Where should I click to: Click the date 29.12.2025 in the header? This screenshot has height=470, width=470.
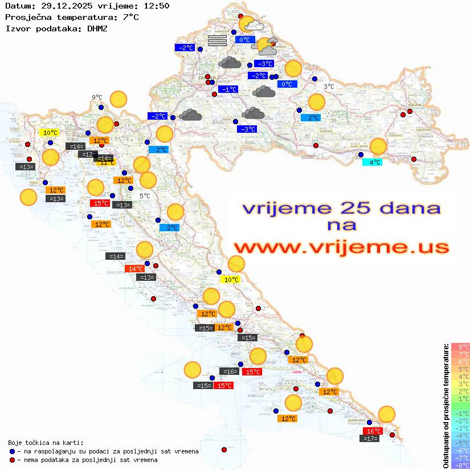pos(61,6)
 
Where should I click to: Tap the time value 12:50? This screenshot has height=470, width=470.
pos(156,6)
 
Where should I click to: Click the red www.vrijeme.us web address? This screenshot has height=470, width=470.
pos(341,248)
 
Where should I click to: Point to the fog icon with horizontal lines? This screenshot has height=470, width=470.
pos(217,40)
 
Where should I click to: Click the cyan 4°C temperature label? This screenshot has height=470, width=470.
pos(373,162)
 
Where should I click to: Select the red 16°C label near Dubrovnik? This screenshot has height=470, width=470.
pos(373,431)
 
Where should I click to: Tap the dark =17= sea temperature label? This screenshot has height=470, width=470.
pos(370,439)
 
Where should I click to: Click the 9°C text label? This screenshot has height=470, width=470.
pos(97,97)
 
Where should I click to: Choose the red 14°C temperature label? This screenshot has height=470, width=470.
pos(134,269)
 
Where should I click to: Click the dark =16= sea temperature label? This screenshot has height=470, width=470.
pos(228,371)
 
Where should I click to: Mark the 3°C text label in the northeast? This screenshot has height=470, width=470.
pos(329,87)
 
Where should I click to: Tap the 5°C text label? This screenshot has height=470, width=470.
pos(145,196)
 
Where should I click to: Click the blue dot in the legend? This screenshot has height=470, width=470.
pos(13,451)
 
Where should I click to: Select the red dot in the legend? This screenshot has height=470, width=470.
pos(13,459)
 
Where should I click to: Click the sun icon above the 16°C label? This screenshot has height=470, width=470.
pos(387,414)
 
